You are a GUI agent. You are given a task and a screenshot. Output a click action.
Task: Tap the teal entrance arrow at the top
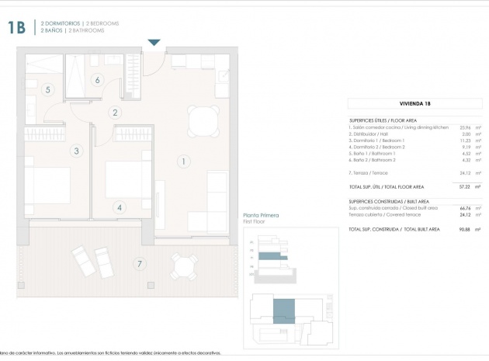tap(154, 42)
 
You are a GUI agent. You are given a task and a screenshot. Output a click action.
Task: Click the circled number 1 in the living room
tap(183, 161)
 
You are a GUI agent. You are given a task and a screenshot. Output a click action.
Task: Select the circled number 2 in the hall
tap(115, 113)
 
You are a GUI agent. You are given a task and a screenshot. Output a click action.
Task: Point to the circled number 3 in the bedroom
tap(76, 151)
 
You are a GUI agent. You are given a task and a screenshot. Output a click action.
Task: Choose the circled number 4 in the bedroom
tap(119, 207)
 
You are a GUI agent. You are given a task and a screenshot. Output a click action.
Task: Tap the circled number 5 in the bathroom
tap(47, 90)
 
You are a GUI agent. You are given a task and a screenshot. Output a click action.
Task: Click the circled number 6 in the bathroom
tap(98, 79)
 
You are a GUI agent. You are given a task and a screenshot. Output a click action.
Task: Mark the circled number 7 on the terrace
tap(140, 264)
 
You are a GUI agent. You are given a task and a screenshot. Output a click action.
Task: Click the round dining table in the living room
tap(203, 120)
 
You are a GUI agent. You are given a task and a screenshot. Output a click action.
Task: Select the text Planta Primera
tap(261, 215)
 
